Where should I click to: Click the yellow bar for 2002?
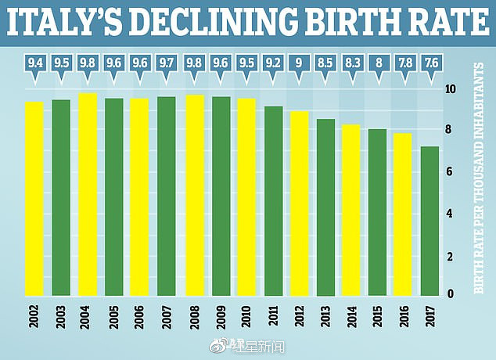coord(34,199)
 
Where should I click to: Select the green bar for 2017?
coord(430,221)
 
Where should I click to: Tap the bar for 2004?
coord(87,194)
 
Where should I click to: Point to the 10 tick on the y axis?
coord(450,89)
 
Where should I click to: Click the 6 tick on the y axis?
coord(448,172)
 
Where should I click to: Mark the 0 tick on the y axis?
coord(448,293)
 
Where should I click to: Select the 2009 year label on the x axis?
coord(221,318)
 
